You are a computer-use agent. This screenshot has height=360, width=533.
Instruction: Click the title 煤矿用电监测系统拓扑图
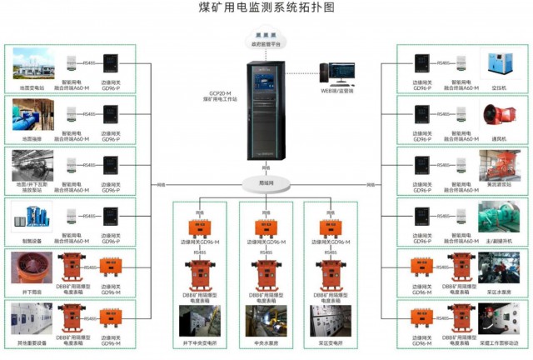(x=266, y=8)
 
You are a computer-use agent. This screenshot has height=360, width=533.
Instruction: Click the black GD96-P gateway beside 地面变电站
(x=111, y=62)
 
